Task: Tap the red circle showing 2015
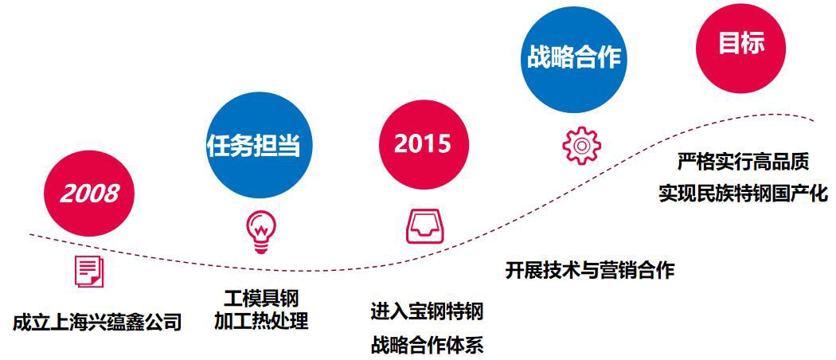click(x=424, y=144)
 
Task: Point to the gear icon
click(x=582, y=145)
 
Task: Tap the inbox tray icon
click(x=424, y=227)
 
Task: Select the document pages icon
click(x=88, y=271)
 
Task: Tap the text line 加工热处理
click(x=261, y=322)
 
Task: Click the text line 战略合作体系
click(x=427, y=346)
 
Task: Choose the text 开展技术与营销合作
click(x=590, y=270)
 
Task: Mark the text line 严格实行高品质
click(x=743, y=161)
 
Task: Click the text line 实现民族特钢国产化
click(x=743, y=194)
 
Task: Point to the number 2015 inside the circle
click(x=423, y=144)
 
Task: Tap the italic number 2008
click(x=89, y=193)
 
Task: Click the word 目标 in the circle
click(x=741, y=44)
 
